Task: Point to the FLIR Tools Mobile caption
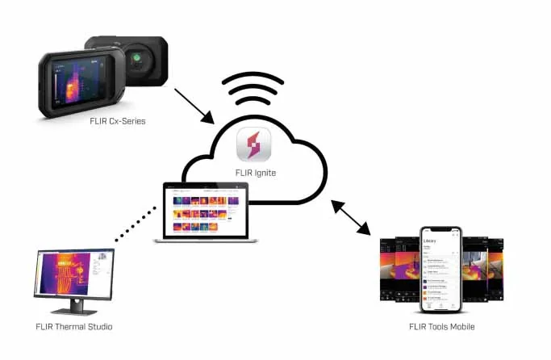441,326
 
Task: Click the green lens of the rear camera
138,58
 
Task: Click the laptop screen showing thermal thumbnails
206,211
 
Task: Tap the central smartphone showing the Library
441,270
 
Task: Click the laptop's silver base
207,240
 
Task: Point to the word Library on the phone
431,240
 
